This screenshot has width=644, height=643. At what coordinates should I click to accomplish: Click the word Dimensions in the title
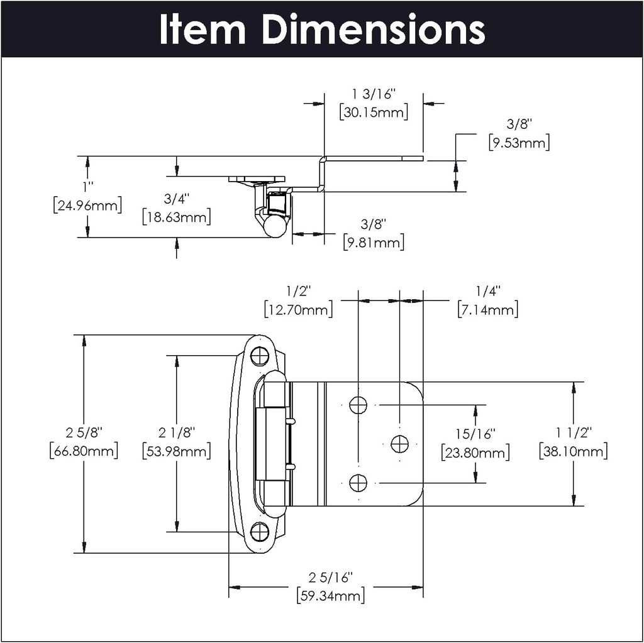(374, 29)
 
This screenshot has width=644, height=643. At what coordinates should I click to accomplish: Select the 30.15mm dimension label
(373, 113)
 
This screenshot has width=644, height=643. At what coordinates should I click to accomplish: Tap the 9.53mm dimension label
(519, 142)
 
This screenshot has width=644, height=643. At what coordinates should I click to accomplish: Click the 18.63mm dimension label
(176, 217)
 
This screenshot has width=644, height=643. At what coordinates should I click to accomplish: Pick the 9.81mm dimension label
(374, 242)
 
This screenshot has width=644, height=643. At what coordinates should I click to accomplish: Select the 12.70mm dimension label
(298, 309)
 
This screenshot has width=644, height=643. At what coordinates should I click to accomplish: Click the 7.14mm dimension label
(487, 309)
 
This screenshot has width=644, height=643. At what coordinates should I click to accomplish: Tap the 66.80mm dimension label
(84, 451)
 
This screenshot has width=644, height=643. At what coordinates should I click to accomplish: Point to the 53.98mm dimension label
(176, 451)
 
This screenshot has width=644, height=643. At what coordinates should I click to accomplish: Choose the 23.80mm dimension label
(475, 452)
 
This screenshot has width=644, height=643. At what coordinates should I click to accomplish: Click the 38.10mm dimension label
(573, 451)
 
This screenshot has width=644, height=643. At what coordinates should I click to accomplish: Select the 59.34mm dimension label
(330, 595)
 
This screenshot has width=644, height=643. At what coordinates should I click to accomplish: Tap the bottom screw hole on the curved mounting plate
(259, 532)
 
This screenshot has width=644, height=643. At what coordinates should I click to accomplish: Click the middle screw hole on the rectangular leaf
(399, 444)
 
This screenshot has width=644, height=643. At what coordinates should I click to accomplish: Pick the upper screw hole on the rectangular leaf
(358, 405)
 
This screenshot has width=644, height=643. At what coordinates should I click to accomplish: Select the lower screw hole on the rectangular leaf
(358, 483)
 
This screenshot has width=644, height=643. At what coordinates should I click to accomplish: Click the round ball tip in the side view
(274, 226)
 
